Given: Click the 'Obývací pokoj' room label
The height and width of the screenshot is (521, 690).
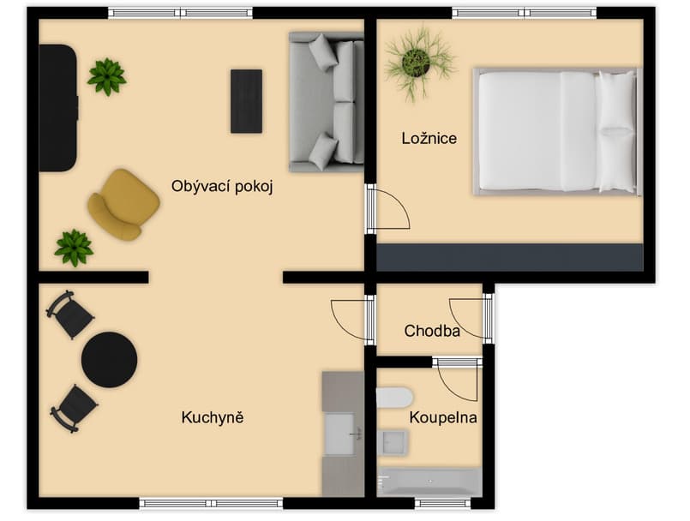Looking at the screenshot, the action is point(222,187).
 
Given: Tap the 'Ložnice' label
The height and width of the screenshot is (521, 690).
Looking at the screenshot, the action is point(429,139).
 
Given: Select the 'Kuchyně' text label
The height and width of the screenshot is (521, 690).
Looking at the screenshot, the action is point(213,417).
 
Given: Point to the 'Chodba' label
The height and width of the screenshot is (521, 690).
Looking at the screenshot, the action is point(432,331).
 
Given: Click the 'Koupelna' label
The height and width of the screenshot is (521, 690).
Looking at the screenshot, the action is point(443,417).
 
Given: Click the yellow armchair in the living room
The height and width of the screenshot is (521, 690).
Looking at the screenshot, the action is point(123,205).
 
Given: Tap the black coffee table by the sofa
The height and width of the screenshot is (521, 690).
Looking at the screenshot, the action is point(247,101).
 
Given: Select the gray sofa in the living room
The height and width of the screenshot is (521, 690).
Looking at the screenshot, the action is point(327,102).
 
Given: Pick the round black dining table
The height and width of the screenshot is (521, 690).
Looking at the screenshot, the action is point(109,360).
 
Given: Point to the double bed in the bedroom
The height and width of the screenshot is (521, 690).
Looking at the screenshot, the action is point(557,132).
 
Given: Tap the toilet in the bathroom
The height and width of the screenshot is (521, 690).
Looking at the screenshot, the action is point(394,398).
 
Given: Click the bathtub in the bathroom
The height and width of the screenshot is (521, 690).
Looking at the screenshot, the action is point(429,482).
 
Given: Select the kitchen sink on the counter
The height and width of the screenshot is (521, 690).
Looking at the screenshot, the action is point(339,434).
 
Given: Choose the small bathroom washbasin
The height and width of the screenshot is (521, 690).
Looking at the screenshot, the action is point(393,442).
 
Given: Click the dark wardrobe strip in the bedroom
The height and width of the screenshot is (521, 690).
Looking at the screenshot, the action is point(510,257).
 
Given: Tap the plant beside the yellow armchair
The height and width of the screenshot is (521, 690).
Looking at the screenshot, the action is point(74,248).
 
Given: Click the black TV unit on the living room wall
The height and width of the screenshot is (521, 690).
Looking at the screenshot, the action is point(58,108).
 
